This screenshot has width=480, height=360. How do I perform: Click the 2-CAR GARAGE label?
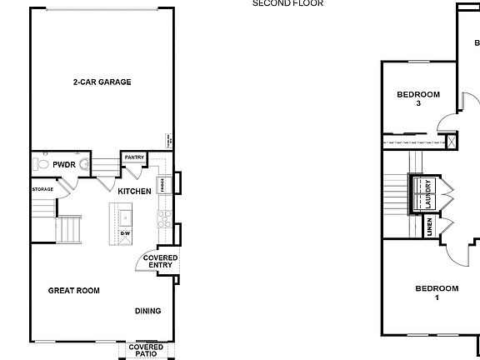(102, 82)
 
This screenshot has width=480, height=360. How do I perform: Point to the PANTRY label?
(134, 157)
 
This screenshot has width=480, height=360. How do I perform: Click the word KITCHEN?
(134, 192)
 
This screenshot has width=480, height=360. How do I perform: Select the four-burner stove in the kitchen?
(164, 219)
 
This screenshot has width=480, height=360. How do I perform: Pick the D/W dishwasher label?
(160, 234)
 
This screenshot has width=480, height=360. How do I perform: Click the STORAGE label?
(43, 189)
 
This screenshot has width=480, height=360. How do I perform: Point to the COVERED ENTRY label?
(160, 261)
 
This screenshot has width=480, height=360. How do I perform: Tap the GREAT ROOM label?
(73, 291)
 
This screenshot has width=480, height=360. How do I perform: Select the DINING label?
(148, 311)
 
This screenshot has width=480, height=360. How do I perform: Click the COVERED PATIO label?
(146, 350)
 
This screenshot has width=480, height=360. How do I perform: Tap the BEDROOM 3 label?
(417, 98)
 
